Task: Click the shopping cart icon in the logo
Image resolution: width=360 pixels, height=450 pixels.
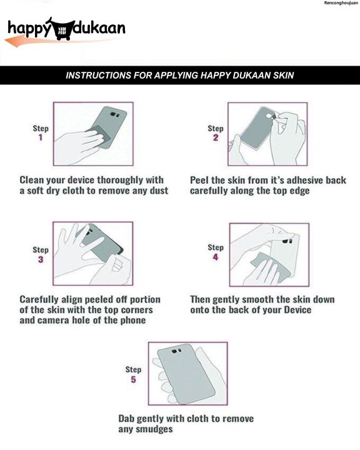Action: click(61, 29)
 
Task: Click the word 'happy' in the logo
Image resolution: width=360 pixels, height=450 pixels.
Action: click(29, 29)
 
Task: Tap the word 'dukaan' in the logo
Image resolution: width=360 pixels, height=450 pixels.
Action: click(99, 27)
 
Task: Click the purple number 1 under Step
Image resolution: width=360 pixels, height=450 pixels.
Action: click(41, 137)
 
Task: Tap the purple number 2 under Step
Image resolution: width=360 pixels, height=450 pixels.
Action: click(216, 137)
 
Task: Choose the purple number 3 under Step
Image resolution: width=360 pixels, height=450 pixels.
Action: click(41, 259)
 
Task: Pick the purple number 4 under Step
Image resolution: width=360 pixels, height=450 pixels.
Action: click(216, 257)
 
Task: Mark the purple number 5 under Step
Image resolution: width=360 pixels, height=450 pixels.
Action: click(133, 379)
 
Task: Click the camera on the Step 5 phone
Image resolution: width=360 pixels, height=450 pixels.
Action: click(176, 351)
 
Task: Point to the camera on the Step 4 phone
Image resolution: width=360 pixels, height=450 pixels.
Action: click(287, 241)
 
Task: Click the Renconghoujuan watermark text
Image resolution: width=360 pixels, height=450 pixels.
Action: click(341, 3)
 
